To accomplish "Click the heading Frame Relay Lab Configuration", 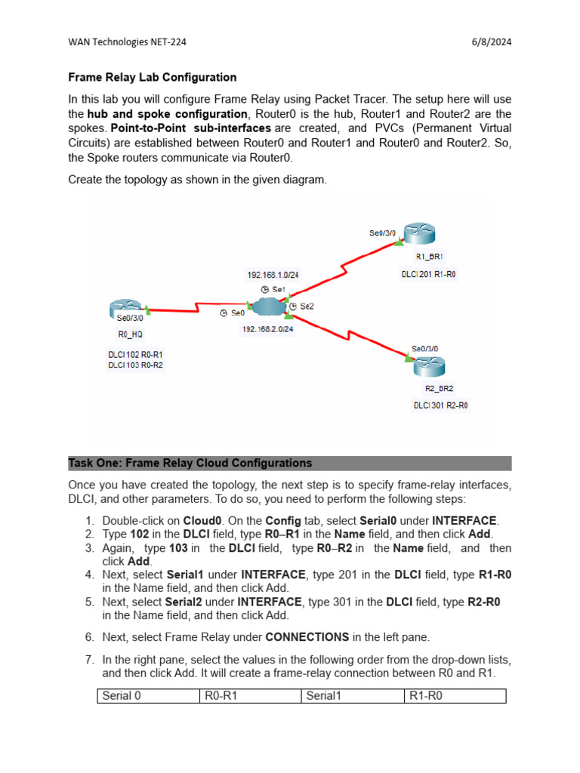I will pyautogui.click(x=153, y=77).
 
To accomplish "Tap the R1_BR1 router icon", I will pyautogui.click(x=415, y=234).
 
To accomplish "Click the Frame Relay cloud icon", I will pyautogui.click(x=266, y=306).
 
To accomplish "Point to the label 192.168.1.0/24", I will pyautogui.click(x=273, y=275).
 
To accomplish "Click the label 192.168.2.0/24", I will pyautogui.click(x=267, y=329).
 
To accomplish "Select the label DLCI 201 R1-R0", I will pyautogui.click(x=428, y=275).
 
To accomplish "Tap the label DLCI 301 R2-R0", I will pyautogui.click(x=440, y=405).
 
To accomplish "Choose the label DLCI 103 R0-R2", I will pyautogui.click(x=136, y=365).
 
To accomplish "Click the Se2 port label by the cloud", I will pyautogui.click(x=306, y=306).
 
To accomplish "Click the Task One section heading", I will pyautogui.click(x=190, y=463).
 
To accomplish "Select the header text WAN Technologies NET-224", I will pyautogui.click(x=127, y=42).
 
